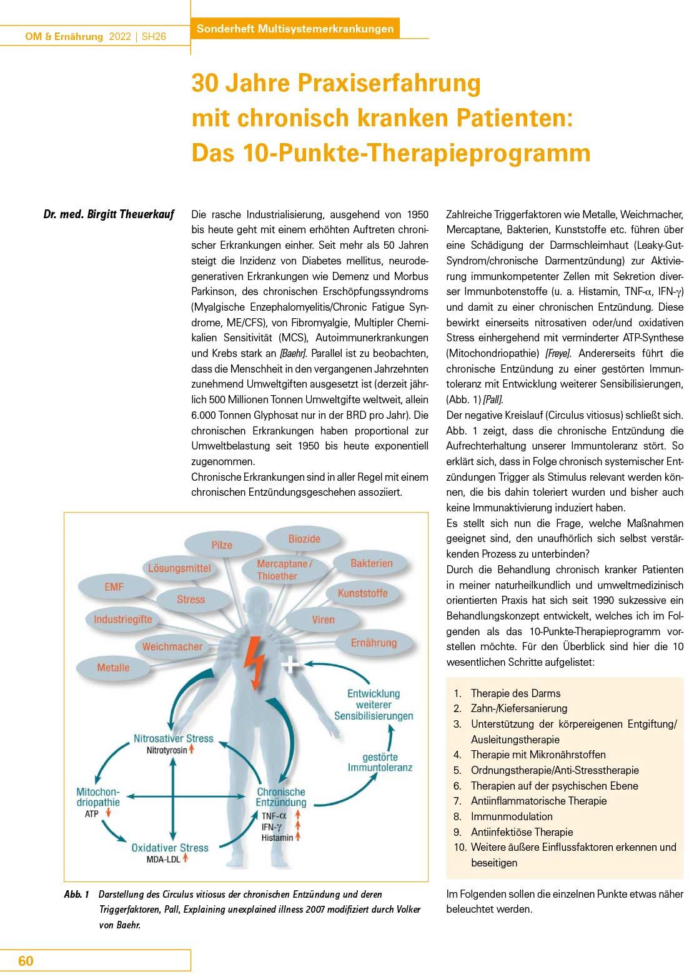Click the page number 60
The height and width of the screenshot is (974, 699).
coord(26,961)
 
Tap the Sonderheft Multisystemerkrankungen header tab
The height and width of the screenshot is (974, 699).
coord(295,29)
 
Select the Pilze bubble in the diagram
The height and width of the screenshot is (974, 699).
coord(222,545)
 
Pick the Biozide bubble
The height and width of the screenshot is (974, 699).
coord(304,538)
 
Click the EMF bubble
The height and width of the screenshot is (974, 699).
coord(114,587)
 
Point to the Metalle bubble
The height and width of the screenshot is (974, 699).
coord(113,668)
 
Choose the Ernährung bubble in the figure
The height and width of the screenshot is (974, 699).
coord(374,643)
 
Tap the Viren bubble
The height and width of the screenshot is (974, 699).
coord(324,620)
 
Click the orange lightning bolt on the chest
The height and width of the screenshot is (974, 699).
coord(255,660)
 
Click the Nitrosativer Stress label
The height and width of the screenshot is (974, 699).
coord(174,738)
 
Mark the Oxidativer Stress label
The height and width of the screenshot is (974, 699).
coord(170,848)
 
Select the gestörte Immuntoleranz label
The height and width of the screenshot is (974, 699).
coord(380,762)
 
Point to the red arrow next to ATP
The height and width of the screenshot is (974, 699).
coord(109,814)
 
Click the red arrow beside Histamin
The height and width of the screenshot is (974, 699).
coord(298,837)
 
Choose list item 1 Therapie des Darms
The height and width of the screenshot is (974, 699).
coord(515,693)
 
